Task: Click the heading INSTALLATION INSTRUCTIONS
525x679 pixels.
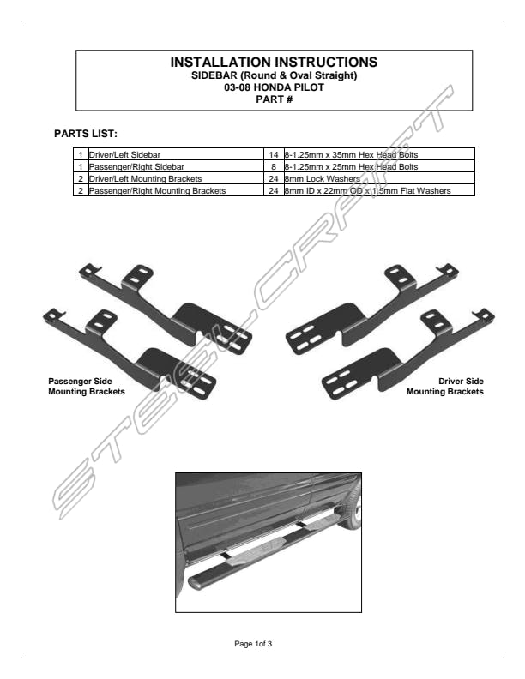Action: click(x=274, y=62)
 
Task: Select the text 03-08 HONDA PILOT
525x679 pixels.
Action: click(x=274, y=87)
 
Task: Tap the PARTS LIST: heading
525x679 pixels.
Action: click(x=86, y=134)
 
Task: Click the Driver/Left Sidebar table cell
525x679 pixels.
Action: click(x=177, y=154)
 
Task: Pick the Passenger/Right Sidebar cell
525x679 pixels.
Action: click(x=177, y=166)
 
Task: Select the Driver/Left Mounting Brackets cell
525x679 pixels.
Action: click(x=177, y=179)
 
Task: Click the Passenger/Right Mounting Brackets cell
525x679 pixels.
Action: click(x=177, y=190)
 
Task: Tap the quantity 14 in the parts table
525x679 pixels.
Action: click(x=274, y=154)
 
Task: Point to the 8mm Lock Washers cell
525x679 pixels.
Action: click(x=379, y=179)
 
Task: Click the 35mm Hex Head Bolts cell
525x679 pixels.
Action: click(x=379, y=154)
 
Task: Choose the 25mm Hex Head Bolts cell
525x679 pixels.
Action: click(x=379, y=166)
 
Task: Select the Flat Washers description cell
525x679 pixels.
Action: click(x=379, y=190)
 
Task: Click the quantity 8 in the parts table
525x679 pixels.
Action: click(x=274, y=166)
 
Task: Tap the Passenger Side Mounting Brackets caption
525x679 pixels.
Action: click(x=87, y=387)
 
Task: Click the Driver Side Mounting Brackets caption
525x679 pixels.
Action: click(x=445, y=387)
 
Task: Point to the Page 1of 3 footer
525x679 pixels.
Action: click(x=253, y=644)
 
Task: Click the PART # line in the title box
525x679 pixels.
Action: click(x=275, y=99)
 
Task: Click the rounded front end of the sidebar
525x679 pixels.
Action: click(x=197, y=581)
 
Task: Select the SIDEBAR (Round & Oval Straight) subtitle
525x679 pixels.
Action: click(x=275, y=75)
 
